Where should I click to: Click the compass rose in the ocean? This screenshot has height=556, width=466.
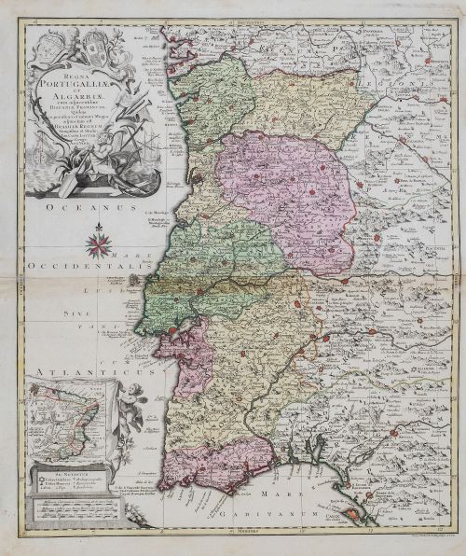pyautogui.click(x=96, y=245)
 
